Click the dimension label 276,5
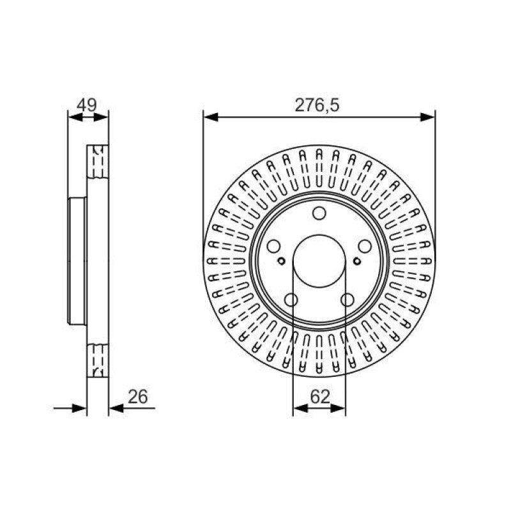pos(317,105)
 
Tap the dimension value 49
pos(87,105)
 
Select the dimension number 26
pos(137,397)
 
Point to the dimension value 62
pos(320,397)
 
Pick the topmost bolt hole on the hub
pos(319,213)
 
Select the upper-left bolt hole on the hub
pos(274,246)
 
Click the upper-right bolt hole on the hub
pos(365,246)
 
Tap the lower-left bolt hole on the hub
pos(291,300)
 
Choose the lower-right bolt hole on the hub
pos(347,300)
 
